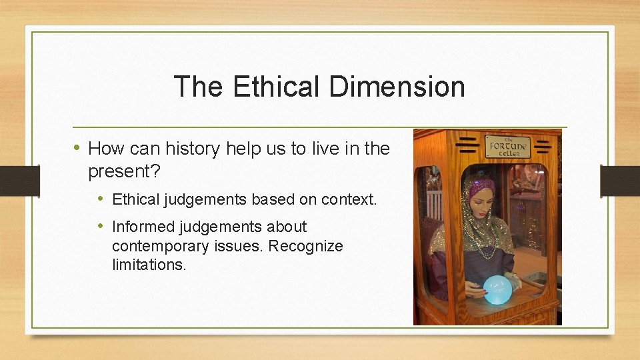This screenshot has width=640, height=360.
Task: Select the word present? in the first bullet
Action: [124, 171]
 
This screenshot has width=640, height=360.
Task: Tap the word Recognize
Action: [305, 246]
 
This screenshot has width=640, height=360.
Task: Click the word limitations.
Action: [149, 265]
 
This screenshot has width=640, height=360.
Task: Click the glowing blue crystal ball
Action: [497, 289]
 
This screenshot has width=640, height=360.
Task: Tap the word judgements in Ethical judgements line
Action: [203, 199]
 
